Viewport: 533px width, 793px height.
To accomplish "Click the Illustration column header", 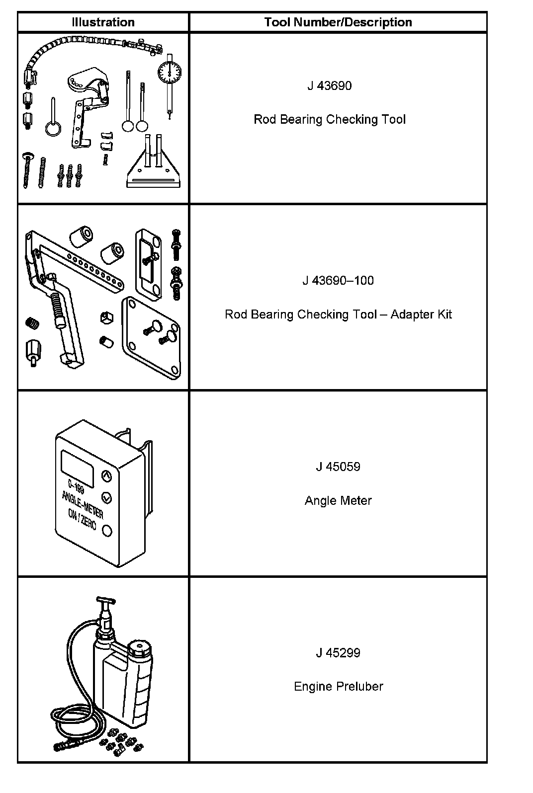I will click(103, 22).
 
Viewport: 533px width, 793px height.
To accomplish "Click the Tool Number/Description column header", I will click(338, 22).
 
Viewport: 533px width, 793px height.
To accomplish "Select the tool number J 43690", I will click(329, 86).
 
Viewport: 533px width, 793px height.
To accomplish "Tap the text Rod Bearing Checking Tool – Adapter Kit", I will click(338, 315).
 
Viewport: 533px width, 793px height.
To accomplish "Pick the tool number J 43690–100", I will click(338, 281).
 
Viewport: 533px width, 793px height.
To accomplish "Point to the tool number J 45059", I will click(338, 467).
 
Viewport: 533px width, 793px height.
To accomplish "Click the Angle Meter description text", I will click(338, 501).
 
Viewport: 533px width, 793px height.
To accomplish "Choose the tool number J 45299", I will click(338, 653).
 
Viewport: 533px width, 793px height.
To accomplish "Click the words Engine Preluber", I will click(338, 687).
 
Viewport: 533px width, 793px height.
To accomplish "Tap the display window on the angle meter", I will click(78, 468).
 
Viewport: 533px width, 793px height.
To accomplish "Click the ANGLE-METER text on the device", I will click(83, 504).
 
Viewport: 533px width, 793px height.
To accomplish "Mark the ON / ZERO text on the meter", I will click(82, 523).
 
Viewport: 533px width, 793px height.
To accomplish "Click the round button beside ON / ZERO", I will click(107, 531).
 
